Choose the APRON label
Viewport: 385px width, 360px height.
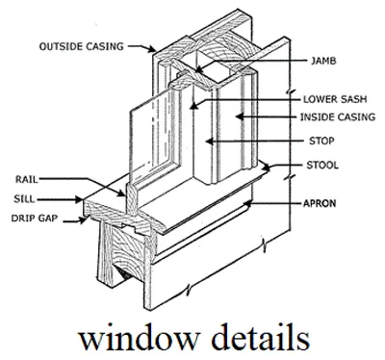point(320,203)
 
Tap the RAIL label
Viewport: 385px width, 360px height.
point(29,179)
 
